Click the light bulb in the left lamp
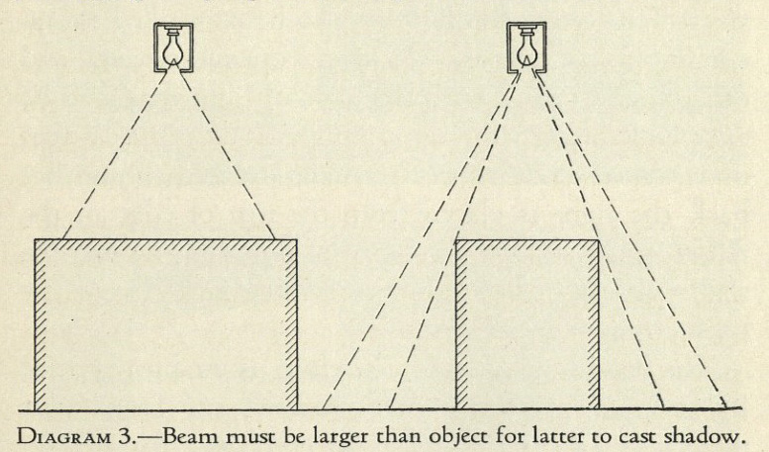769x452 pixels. pyautogui.click(x=171, y=47)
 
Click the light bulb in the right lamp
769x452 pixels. pyautogui.click(x=527, y=47)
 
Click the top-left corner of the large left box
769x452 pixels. pyautogui.click(x=36, y=239)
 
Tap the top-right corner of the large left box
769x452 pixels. pyautogui.click(x=297, y=239)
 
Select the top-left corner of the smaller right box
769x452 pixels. pyautogui.click(x=456, y=240)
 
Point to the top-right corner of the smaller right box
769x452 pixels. pyautogui.click(x=599, y=240)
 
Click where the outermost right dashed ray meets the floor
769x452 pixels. pyautogui.click(x=726, y=407)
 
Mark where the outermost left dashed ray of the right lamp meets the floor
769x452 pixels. pyautogui.click(x=323, y=408)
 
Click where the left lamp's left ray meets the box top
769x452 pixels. pyautogui.click(x=62, y=239)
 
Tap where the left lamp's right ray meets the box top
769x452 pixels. pyautogui.click(x=274, y=239)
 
